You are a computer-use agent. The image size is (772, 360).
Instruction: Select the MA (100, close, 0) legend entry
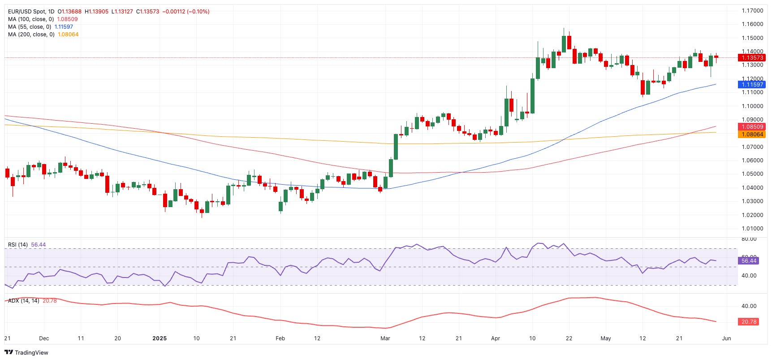[31, 19]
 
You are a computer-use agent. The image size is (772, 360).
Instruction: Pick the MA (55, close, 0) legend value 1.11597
[64, 27]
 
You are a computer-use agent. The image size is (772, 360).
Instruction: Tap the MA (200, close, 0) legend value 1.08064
[68, 35]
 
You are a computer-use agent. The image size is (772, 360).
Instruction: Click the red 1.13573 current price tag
[752, 58]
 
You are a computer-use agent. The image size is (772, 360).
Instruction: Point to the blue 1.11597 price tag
[752, 85]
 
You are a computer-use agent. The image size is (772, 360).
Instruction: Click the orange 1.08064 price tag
[752, 134]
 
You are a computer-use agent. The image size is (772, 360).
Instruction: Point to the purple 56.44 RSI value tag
[749, 260]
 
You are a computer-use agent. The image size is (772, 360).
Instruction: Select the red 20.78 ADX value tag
[749, 322]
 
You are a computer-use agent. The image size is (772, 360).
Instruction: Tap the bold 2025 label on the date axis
[160, 338]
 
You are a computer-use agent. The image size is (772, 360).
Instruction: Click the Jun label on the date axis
[727, 338]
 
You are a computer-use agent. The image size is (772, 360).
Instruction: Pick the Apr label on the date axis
[495, 338]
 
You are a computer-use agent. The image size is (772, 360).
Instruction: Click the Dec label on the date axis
[44, 338]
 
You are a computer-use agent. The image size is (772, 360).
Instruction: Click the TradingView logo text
[31, 353]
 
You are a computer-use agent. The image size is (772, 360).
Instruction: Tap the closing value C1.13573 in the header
[148, 12]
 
